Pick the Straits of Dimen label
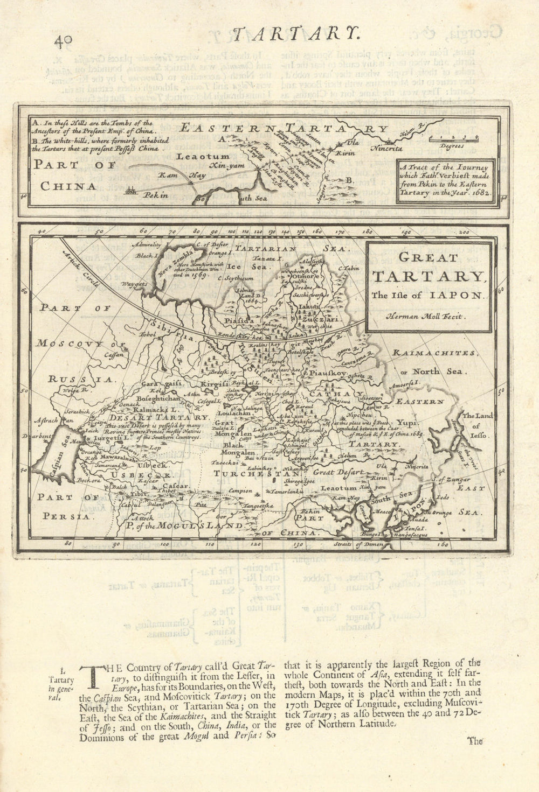pyautogui.click(x=369, y=544)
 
